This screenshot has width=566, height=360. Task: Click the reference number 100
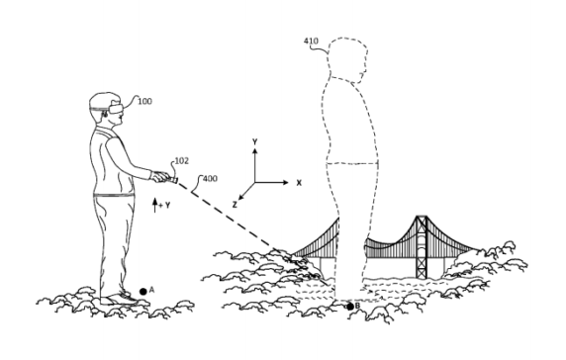[144, 103]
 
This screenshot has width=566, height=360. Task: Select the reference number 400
[209, 180]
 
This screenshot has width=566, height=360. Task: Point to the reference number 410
[310, 42]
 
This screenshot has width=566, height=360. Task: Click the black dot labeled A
[142, 290]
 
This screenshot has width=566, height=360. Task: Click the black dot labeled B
[349, 307]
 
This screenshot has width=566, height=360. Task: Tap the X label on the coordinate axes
[298, 183]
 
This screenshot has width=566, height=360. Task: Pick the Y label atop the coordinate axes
[254, 142]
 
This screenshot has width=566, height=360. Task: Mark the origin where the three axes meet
[254, 183]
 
